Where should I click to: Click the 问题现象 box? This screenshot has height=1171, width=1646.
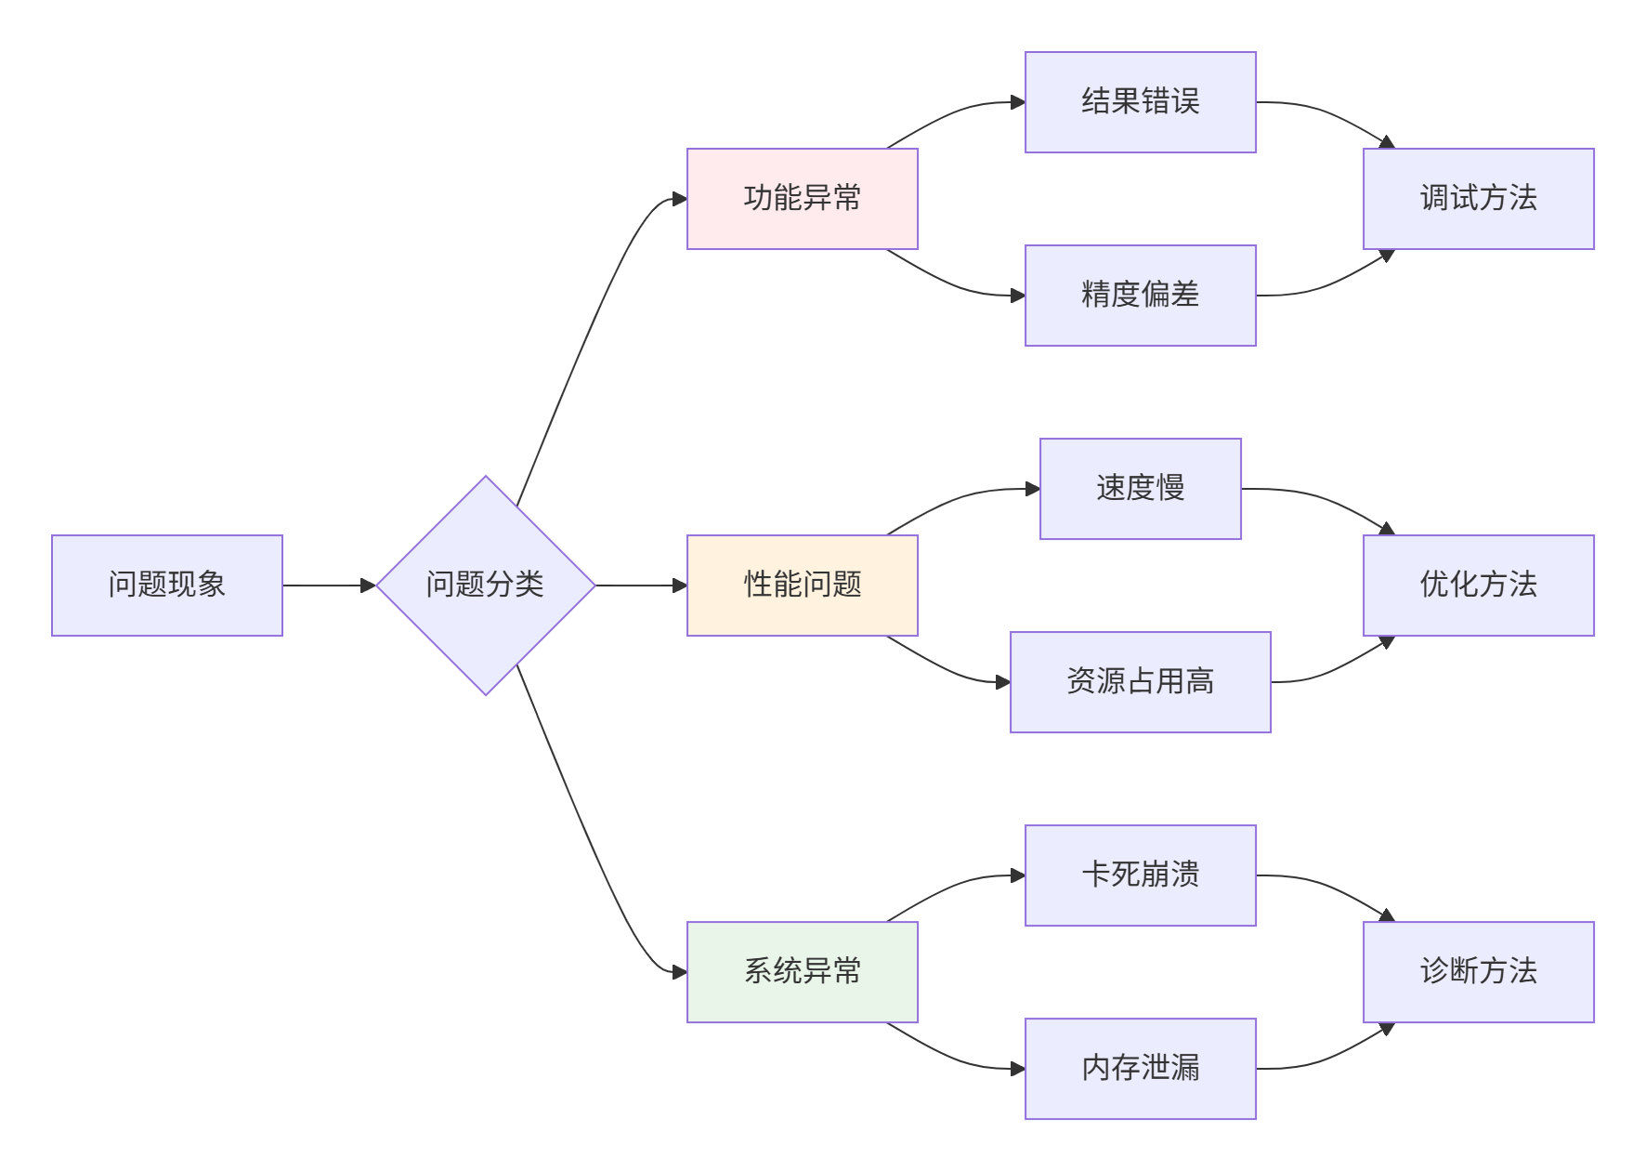167,585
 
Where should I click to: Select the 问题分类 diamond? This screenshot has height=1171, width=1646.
485,585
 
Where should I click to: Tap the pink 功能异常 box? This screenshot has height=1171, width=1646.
802,199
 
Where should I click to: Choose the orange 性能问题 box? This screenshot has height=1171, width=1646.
802,585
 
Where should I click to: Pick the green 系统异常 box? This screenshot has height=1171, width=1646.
802,972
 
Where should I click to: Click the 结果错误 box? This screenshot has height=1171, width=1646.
1140,102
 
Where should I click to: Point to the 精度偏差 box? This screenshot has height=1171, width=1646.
1140,296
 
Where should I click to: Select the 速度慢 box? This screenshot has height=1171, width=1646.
1140,489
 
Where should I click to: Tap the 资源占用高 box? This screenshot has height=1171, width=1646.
1140,682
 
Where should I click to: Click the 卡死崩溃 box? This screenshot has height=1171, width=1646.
1140,875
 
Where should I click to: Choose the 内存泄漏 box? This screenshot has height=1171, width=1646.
1140,1069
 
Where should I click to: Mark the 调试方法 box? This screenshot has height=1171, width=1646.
1478,199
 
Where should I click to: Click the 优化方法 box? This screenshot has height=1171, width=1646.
1478,585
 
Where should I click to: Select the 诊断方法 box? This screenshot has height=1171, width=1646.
1478,972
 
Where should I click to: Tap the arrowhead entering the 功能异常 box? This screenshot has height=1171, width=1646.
680,199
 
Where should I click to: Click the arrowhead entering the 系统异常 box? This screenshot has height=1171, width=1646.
680,972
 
